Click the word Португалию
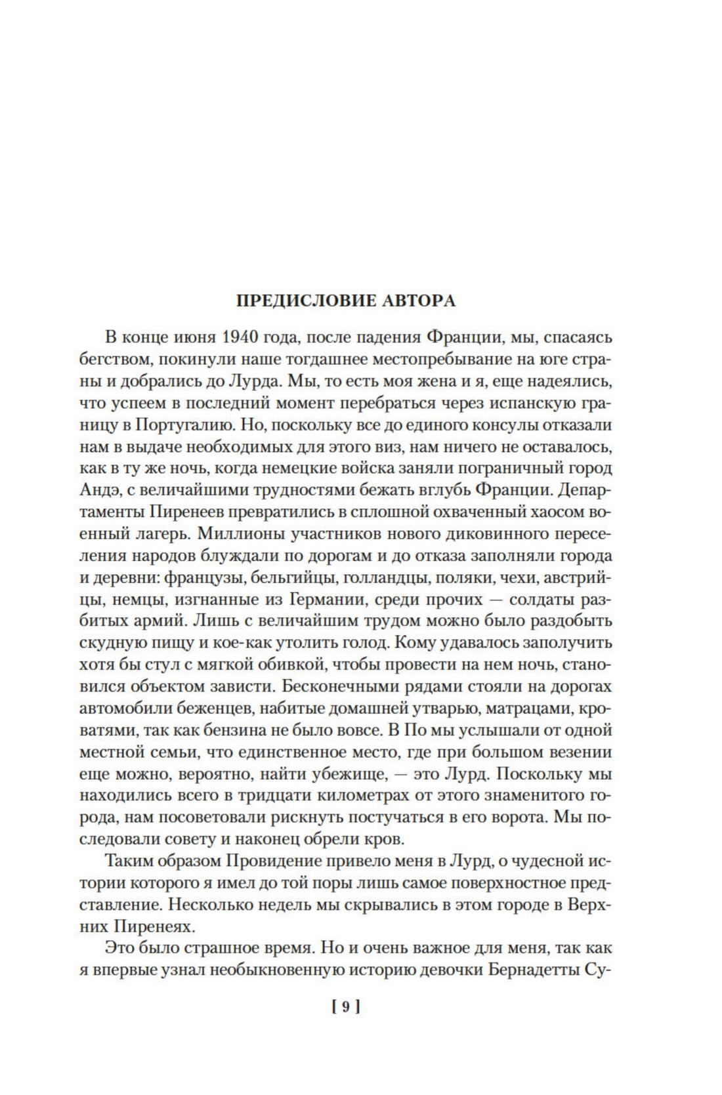point(183,424)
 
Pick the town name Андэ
point(97,490)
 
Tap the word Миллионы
point(244,533)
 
